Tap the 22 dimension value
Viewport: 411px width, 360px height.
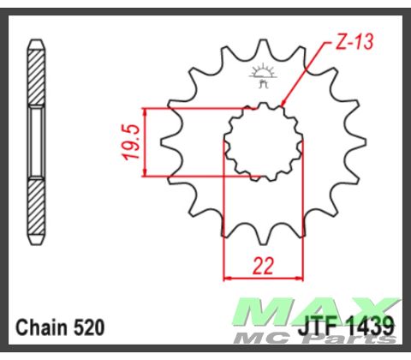pos(264,265)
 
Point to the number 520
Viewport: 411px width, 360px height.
pos(91,327)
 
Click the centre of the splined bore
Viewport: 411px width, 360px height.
pos(264,144)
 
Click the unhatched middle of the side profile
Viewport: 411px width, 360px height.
pos(36,141)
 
